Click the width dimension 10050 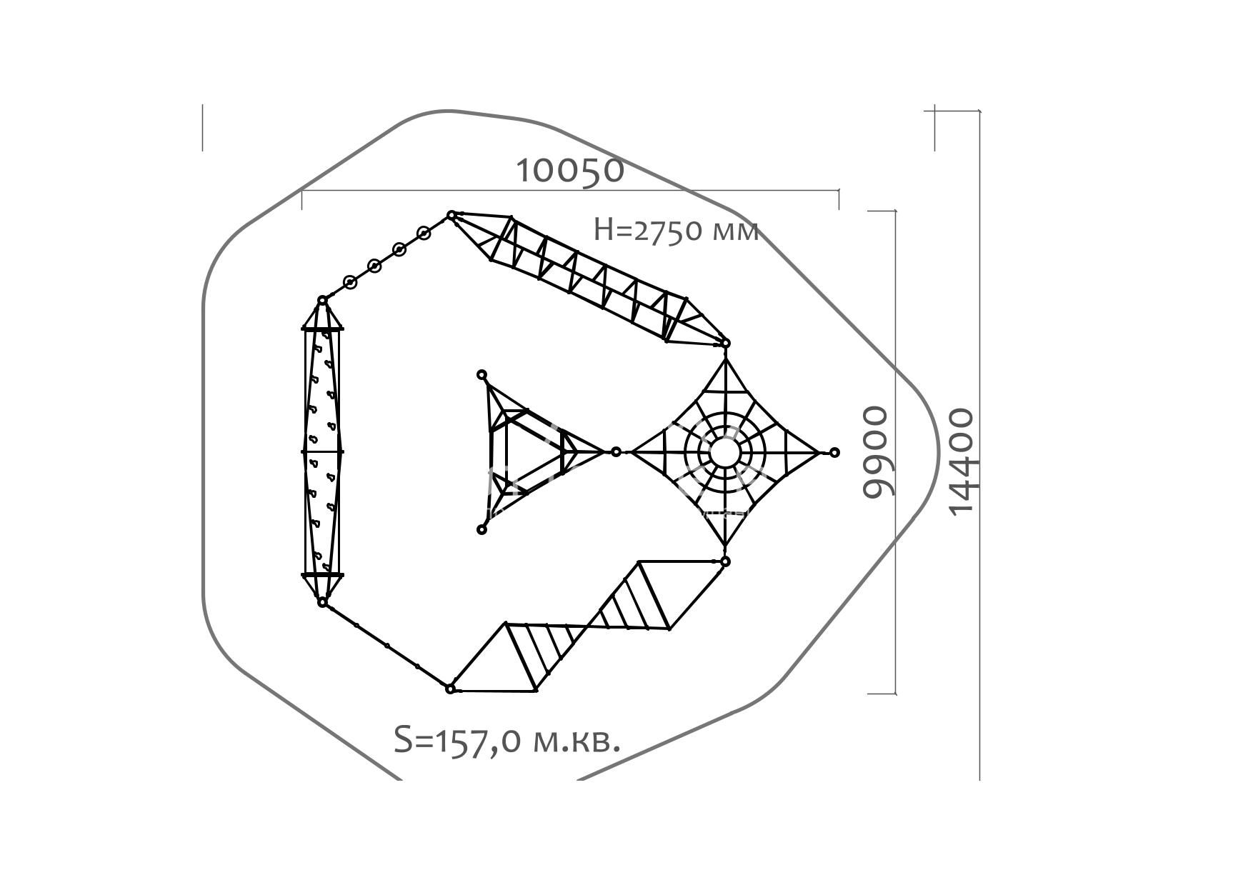[x=569, y=170]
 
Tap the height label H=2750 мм [x=676, y=230]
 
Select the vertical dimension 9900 [x=876, y=452]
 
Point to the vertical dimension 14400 [x=961, y=460]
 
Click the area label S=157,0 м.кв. [x=507, y=740]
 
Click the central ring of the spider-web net [x=725, y=452]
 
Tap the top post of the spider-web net [x=725, y=344]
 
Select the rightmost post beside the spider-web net [x=834, y=452]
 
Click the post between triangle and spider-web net [x=616, y=452]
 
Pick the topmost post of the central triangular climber [x=482, y=375]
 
